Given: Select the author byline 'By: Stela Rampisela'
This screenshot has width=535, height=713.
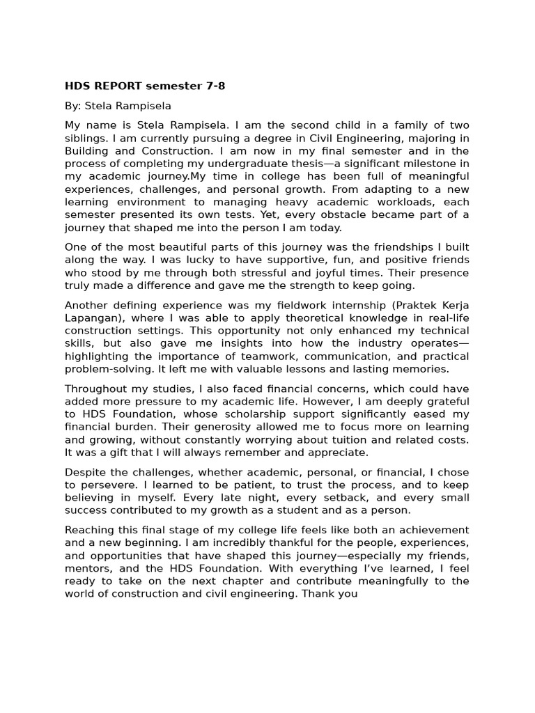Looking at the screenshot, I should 118,106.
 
